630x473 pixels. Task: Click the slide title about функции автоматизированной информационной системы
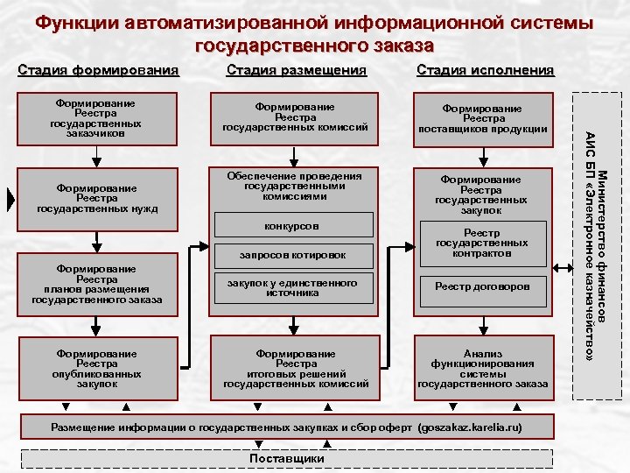314,32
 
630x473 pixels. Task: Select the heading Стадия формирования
98,70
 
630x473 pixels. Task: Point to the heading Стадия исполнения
486,70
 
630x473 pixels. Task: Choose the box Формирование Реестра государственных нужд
96,198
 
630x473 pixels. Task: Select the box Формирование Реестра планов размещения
96,284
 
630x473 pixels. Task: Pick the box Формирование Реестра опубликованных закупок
96,368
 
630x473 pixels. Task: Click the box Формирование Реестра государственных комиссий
296,117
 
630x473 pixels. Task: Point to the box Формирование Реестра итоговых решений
296,368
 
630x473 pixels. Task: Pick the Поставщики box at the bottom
287,458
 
